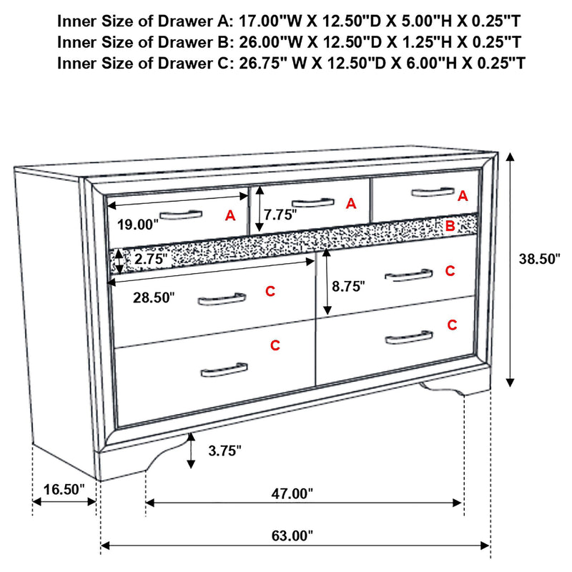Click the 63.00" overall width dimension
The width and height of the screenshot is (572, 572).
[292, 535]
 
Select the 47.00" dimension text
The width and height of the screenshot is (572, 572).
[292, 493]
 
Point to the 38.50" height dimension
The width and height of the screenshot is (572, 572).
[540, 259]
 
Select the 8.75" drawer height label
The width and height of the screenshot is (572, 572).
[348, 286]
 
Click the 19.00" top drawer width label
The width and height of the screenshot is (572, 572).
[137, 225]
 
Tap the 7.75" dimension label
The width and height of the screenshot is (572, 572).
[280, 214]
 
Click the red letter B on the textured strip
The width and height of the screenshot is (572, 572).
[450, 227]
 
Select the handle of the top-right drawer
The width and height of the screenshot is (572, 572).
[433, 191]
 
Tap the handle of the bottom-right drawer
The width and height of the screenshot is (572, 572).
[408, 337]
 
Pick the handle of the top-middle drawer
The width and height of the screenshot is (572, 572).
[312, 202]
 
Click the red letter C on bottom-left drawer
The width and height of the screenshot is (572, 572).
[275, 346]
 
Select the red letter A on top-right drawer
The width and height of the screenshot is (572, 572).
[462, 195]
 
